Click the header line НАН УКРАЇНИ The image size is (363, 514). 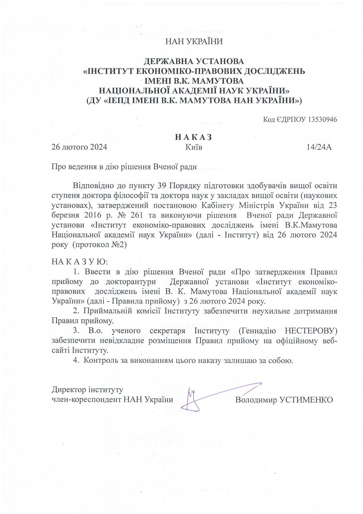(194, 41)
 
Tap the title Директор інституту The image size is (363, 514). (87, 390)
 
